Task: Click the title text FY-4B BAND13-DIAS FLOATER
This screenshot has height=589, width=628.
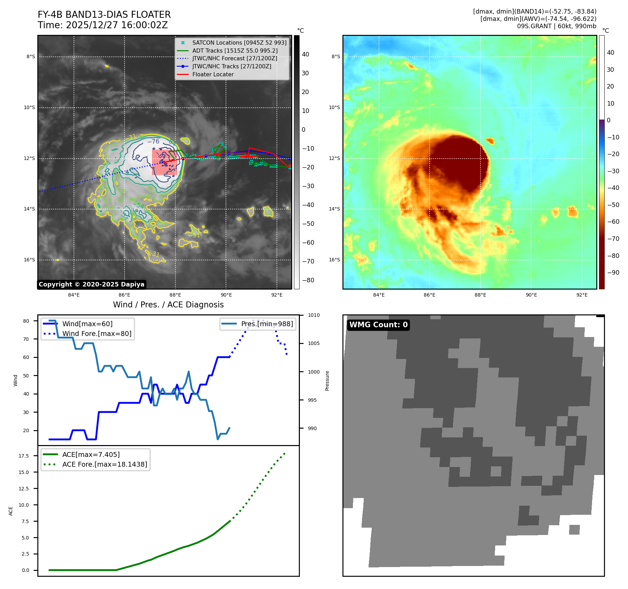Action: click(x=104, y=15)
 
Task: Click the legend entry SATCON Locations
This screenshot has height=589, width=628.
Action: click(x=239, y=43)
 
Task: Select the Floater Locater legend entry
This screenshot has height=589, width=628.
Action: click(x=213, y=74)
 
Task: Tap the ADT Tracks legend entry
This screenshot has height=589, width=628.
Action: click(x=235, y=51)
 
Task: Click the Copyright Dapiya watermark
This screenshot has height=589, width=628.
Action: click(x=91, y=284)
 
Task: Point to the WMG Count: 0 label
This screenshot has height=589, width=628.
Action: click(x=378, y=325)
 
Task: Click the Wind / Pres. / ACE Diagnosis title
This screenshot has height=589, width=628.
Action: click(x=168, y=305)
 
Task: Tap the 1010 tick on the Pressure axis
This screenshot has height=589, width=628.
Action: click(x=313, y=315)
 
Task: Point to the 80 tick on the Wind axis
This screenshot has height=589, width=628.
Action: click(x=26, y=321)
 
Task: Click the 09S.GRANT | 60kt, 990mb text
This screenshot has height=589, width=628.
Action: click(x=557, y=26)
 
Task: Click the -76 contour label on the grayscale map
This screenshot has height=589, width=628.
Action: click(x=153, y=141)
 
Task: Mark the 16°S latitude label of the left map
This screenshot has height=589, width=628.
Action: click(x=29, y=260)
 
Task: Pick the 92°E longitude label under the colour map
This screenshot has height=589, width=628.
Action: click(x=582, y=295)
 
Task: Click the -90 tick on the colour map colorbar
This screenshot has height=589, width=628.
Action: click(x=613, y=273)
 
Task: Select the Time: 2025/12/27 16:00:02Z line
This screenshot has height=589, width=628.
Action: click(x=103, y=25)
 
